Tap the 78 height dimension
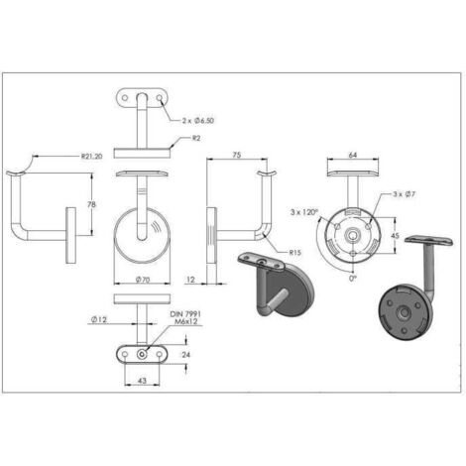pyautogui.click(x=93, y=204)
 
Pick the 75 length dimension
pyautogui.click(x=238, y=156)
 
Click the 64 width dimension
pyautogui.click(x=353, y=156)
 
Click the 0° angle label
pyautogui.click(x=352, y=279)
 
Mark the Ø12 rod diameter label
pyautogui.click(x=99, y=318)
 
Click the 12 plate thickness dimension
pyautogui.click(x=189, y=281)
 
